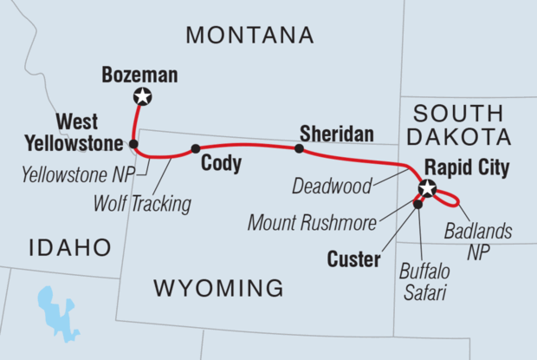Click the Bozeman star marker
click(142, 97)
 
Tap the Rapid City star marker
click(426, 187)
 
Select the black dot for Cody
click(195, 147)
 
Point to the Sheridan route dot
click(299, 148)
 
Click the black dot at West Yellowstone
click(133, 143)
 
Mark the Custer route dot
click(417, 205)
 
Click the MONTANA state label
click(249, 36)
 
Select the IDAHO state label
click(69, 248)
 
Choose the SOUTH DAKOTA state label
click(456, 125)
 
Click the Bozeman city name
click(139, 75)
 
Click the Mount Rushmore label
click(311, 223)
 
